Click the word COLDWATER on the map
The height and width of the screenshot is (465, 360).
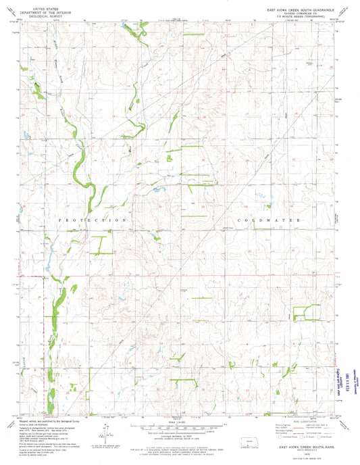260,220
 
